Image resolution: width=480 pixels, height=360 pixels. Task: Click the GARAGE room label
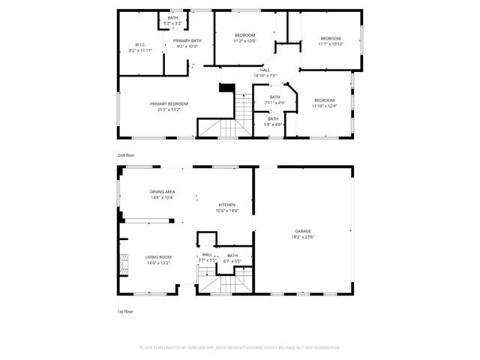click(303, 231)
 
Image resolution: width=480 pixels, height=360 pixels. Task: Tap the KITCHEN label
click(227, 205)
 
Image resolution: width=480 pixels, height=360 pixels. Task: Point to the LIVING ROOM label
click(158, 257)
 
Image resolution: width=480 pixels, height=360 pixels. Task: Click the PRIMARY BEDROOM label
click(169, 104)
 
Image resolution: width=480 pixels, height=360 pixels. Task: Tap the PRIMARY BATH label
click(187, 40)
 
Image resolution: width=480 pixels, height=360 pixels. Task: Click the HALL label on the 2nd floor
click(265, 70)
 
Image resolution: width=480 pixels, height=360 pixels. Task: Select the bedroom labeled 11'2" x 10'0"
click(245, 35)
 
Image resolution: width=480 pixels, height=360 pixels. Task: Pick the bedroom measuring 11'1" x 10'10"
click(331, 38)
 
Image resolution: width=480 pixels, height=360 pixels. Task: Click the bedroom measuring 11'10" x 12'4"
click(325, 100)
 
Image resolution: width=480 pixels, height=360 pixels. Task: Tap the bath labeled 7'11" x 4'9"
click(275, 97)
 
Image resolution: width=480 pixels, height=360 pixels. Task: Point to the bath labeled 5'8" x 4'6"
click(273, 118)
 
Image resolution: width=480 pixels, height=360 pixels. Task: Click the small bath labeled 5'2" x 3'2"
click(173, 18)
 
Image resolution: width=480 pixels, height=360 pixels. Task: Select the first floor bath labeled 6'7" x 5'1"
click(232, 256)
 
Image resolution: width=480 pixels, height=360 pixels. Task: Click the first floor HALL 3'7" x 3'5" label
click(207, 254)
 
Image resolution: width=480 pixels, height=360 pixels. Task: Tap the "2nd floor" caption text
click(125, 154)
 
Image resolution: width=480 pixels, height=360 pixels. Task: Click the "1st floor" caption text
click(124, 310)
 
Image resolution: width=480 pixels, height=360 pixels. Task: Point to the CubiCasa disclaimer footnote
click(240, 347)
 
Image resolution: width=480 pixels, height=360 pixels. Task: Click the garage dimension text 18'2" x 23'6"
click(303, 236)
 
